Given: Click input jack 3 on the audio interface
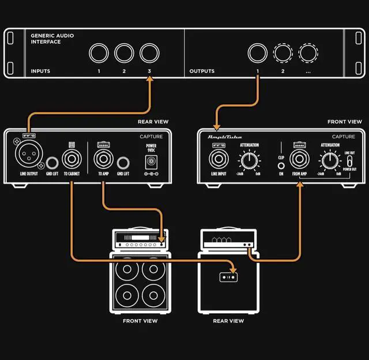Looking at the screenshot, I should [x=149, y=54].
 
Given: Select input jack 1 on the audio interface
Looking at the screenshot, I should [x=99, y=54].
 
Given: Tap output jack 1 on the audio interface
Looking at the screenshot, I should [x=257, y=53].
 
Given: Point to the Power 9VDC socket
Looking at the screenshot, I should [x=152, y=161].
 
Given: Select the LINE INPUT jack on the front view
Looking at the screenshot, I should [x=218, y=159].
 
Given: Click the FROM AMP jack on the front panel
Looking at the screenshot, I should [x=299, y=159].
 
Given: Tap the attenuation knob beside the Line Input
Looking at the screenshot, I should [x=249, y=159].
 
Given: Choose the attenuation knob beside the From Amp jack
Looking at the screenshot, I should [x=329, y=159].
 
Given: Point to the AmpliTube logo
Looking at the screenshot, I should [x=226, y=137].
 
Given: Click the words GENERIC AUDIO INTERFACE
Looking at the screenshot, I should [x=52, y=39].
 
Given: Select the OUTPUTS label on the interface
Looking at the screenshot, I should [x=202, y=72].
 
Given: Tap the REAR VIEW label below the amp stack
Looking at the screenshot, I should [x=228, y=321].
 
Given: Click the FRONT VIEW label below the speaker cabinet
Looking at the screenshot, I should [x=140, y=321].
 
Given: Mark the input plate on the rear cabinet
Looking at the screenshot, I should [x=228, y=277].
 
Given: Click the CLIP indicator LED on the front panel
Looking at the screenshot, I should [x=281, y=165].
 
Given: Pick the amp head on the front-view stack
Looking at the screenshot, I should [x=140, y=240].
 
